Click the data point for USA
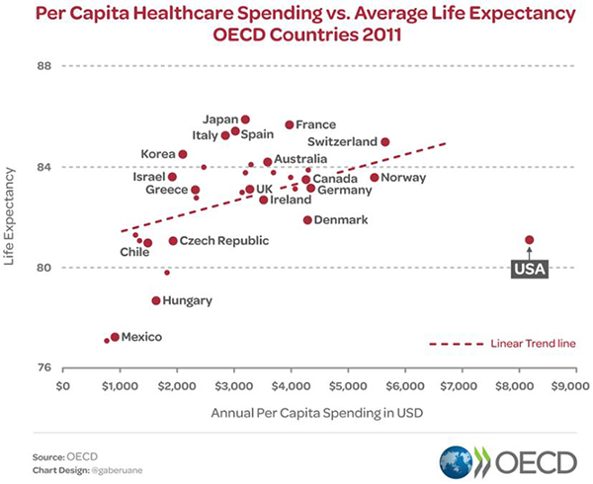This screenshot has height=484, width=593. (x=530, y=240)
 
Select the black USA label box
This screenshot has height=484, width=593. (x=529, y=268)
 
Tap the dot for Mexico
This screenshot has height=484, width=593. (x=116, y=337)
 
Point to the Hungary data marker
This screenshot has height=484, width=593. (x=156, y=300)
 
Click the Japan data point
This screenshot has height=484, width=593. (x=245, y=120)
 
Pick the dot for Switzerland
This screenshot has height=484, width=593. (x=385, y=142)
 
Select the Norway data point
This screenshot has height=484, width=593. (x=375, y=178)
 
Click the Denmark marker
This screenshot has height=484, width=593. (x=307, y=220)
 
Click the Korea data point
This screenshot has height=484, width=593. (x=183, y=154)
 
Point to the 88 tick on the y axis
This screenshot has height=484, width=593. (x=44, y=66)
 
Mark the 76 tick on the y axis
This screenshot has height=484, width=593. (x=44, y=367)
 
